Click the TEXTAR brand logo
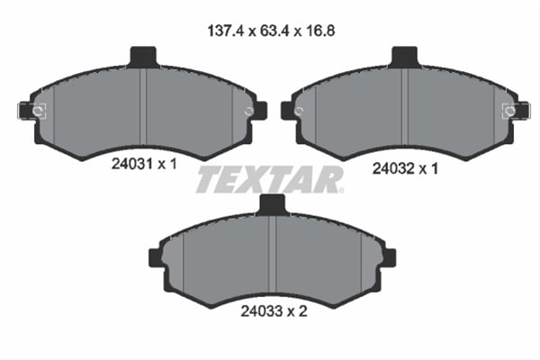click(x=270, y=179)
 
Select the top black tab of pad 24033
click(x=272, y=205)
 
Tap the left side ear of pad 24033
click(x=155, y=257)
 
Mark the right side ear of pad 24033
click(x=389, y=257)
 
